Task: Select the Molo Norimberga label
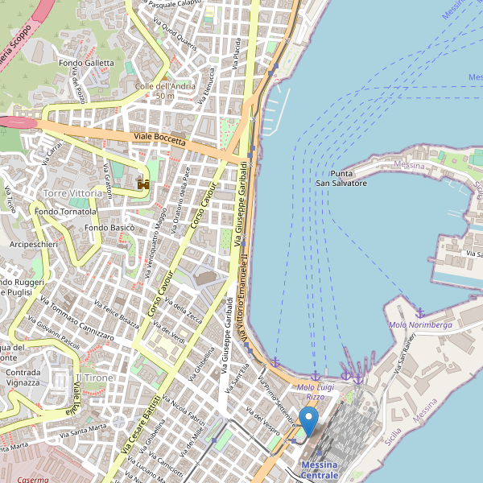(x=419, y=324)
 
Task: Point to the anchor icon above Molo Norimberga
(x=419, y=312)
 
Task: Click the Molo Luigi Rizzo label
(x=315, y=392)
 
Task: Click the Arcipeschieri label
(x=33, y=243)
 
